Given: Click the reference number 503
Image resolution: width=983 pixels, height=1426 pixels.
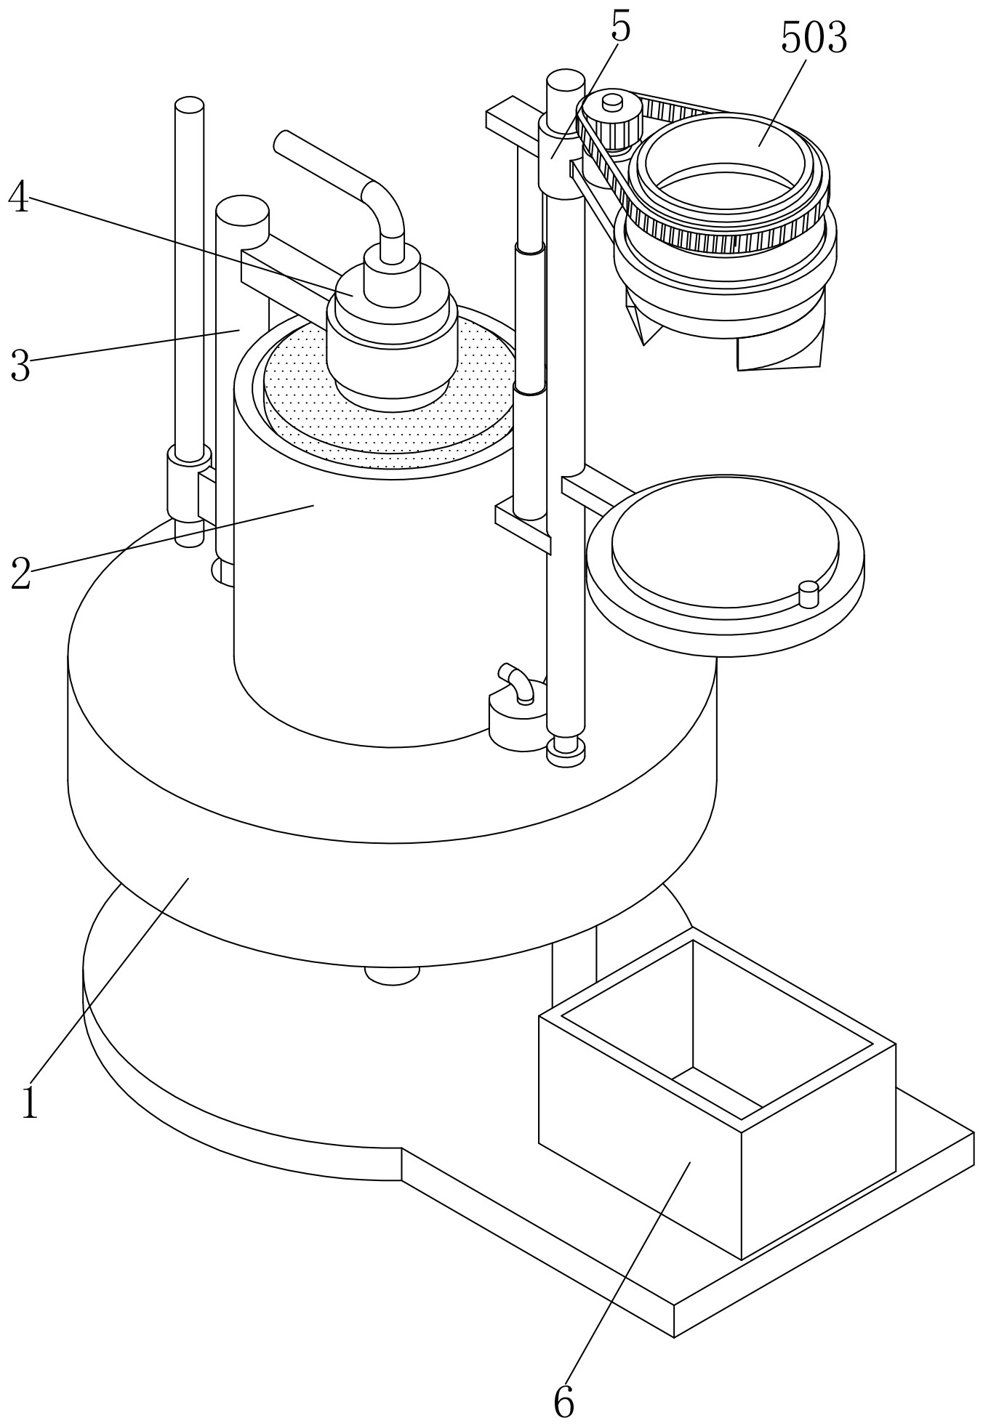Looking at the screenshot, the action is click(x=814, y=39).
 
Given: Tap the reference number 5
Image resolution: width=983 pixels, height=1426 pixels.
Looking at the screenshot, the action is click(x=620, y=28).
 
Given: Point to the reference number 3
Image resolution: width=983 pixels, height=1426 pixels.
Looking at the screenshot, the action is click(x=20, y=366).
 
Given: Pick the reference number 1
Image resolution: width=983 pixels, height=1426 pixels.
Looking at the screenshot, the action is click(x=29, y=1102).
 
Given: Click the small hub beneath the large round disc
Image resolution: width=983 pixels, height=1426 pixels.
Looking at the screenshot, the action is click(x=391, y=975).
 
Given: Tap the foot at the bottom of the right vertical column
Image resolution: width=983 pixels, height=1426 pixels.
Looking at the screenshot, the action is click(x=566, y=749).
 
